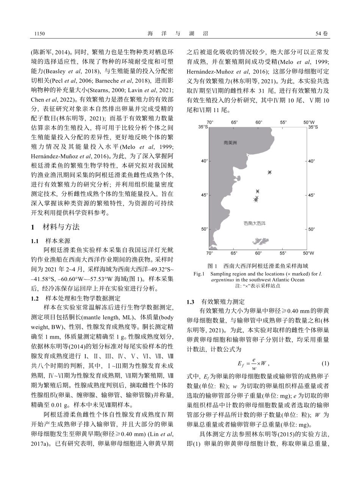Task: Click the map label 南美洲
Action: tap(230, 143)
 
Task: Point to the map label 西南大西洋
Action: tap(255, 223)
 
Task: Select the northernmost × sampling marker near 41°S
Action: tap(269, 172)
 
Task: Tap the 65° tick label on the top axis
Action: tap(235, 123)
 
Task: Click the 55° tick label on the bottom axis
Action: tap(283, 253)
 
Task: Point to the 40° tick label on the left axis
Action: tap(203, 161)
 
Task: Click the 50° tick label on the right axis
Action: tap(311, 229)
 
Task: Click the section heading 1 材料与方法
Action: tap(55, 227)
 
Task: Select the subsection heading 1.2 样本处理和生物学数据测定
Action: tap(70, 298)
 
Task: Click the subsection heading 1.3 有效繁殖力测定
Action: tap(215, 302)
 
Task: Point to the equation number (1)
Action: tap(325, 364)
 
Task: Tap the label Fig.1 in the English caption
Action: tap(199, 274)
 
